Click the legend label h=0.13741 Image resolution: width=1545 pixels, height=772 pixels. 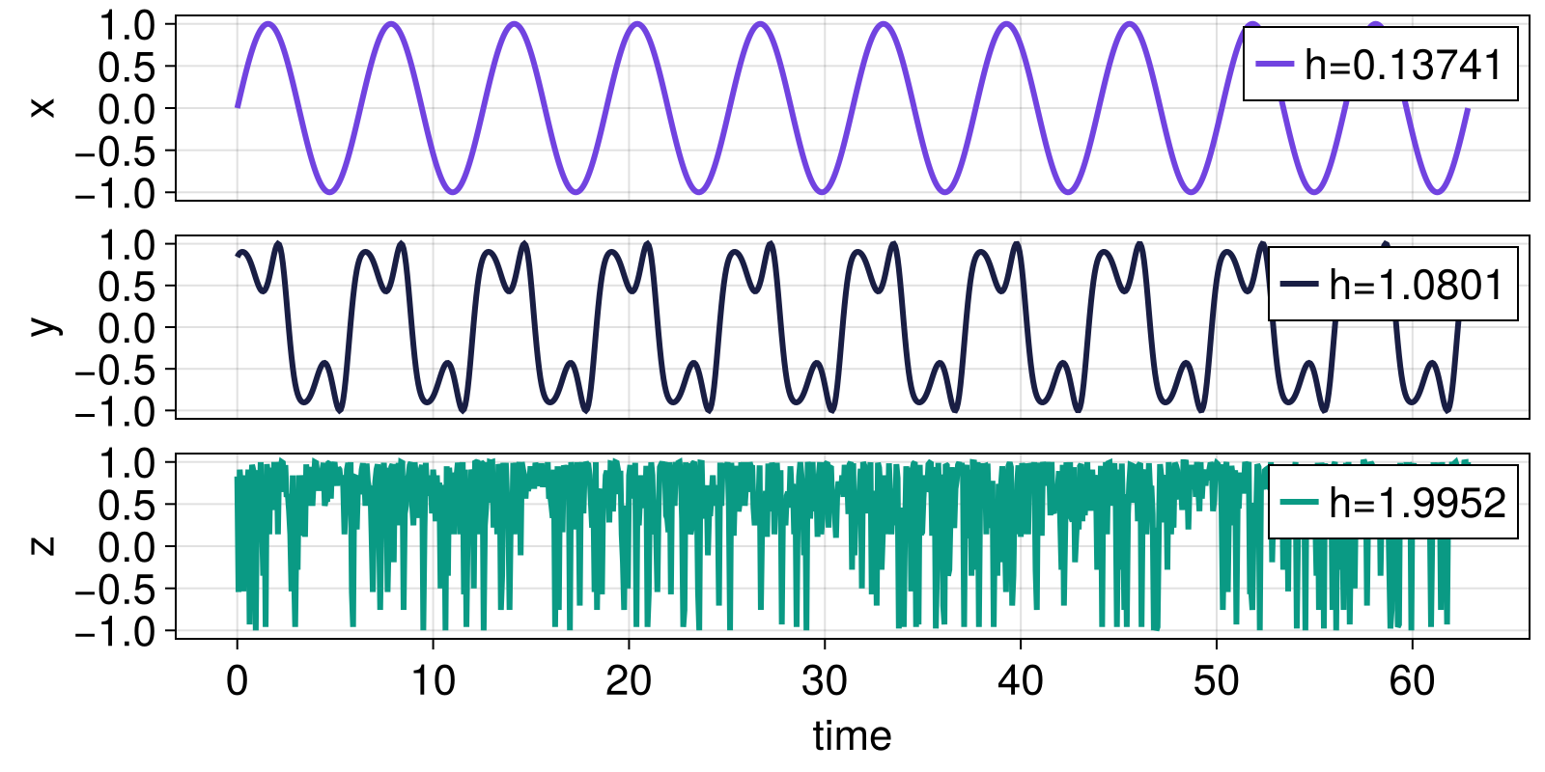(x=1403, y=66)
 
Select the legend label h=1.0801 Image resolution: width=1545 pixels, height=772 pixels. (x=1416, y=285)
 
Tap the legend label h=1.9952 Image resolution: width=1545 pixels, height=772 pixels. (x=1417, y=503)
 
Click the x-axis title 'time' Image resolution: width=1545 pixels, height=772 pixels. (x=852, y=736)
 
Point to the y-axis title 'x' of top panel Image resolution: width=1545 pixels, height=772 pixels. (x=42, y=108)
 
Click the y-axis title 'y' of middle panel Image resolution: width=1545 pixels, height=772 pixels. (x=42, y=327)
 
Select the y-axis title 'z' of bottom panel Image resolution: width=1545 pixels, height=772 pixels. (x=42, y=545)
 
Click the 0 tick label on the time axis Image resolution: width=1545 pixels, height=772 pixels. (x=237, y=681)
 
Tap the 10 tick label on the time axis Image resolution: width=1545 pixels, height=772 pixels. (x=433, y=681)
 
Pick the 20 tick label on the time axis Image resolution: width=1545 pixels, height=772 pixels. (x=629, y=681)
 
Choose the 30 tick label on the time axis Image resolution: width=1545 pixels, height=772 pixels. (x=825, y=681)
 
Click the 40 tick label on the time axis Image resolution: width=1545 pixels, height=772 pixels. (x=1021, y=681)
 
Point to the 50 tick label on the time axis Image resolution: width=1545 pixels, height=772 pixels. (x=1216, y=681)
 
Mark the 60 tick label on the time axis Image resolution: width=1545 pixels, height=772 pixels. (x=1412, y=681)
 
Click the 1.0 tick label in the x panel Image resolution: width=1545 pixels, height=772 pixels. (x=126, y=25)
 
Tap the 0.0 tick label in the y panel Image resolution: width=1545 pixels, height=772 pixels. (x=126, y=328)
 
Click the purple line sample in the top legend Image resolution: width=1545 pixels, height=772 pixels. (x=1274, y=66)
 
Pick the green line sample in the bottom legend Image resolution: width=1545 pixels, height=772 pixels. (x=1299, y=503)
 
